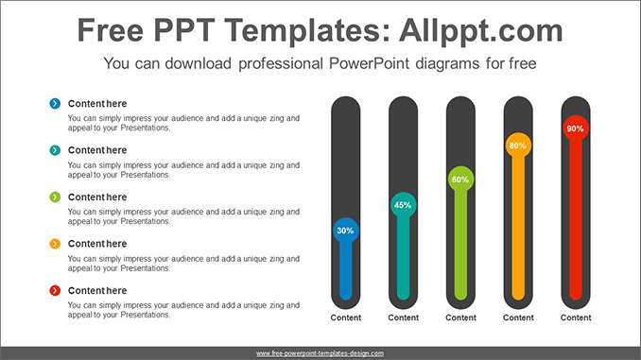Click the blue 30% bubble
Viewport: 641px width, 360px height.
tap(345, 231)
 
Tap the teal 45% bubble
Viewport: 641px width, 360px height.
tap(403, 205)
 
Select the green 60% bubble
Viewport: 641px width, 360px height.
tap(460, 180)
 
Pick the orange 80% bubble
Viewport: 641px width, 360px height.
tap(518, 146)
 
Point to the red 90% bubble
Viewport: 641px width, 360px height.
tap(575, 128)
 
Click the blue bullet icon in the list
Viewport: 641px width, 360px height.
tap(56, 103)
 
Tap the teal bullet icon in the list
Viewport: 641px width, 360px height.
tap(56, 149)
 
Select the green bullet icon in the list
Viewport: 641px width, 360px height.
tap(56, 197)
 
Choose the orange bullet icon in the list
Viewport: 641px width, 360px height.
tap(56, 244)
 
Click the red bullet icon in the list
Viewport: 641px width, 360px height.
tap(56, 290)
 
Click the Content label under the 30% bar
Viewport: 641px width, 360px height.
tap(345, 317)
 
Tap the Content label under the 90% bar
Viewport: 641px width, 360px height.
tap(576, 317)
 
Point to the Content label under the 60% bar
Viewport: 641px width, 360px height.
tap(460, 317)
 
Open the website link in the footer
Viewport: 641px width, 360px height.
tap(320, 352)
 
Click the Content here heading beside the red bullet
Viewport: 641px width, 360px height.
tap(97, 290)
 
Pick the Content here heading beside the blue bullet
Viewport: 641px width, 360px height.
tap(97, 103)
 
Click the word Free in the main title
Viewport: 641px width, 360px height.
tap(113, 30)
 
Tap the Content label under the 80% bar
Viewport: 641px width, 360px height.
tap(518, 317)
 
